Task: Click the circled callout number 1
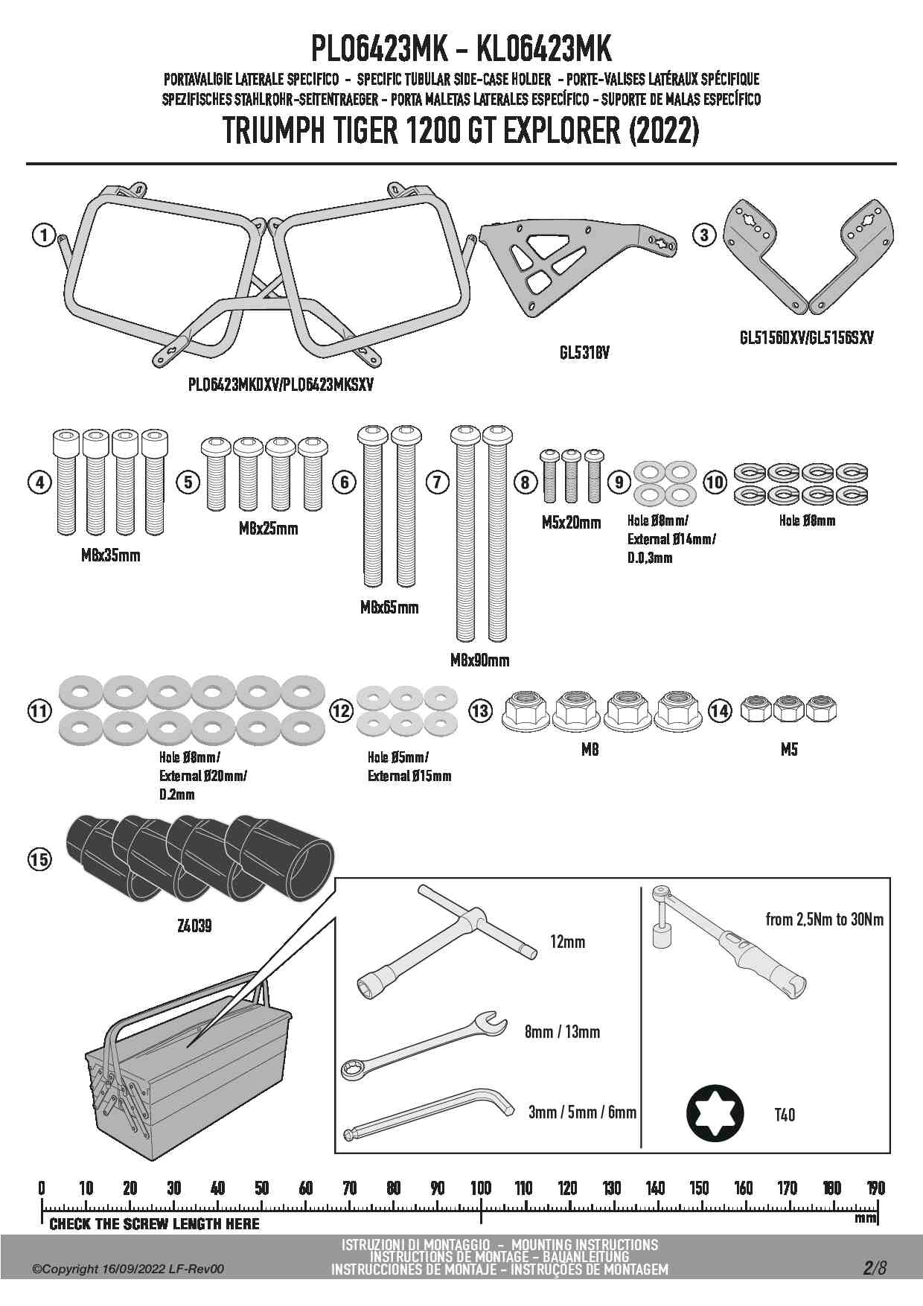pos(44,236)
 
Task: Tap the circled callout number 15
pos(39,859)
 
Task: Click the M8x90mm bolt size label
pos(479,660)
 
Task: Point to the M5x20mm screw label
pos(571,523)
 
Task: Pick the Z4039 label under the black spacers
pos(194,926)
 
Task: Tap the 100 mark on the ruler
pos(481,1188)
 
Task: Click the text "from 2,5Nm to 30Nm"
pos(825,920)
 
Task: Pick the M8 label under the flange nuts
pos(590,750)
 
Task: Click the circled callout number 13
pos(480,711)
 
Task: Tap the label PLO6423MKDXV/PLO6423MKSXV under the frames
pos(281,385)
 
